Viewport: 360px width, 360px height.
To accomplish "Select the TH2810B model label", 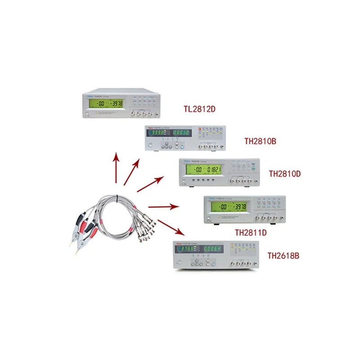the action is point(260,141).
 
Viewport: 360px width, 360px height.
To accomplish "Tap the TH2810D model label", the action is point(284,173).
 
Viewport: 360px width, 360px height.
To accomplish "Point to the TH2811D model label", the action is point(251,233).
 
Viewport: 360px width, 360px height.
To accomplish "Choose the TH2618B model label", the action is point(283,256).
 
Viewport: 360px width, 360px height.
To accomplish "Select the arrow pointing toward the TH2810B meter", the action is point(132,172).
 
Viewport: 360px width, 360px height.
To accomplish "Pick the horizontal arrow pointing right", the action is point(164,207).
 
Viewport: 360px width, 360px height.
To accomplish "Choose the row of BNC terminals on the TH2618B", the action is point(241,263).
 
